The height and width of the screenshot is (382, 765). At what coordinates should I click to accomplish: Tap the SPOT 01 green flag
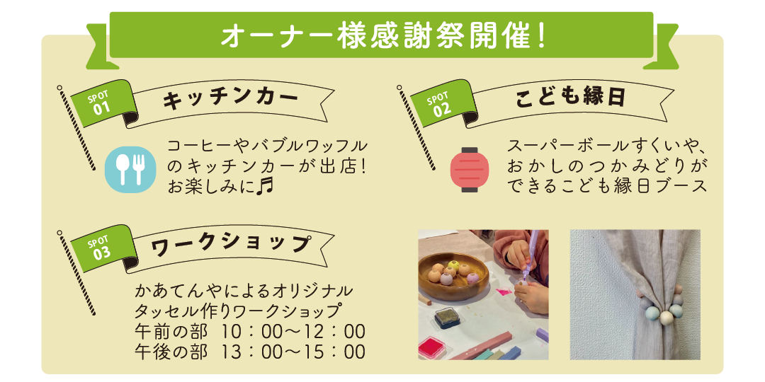tap(103, 103)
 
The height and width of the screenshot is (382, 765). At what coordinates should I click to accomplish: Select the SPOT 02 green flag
tap(443, 103)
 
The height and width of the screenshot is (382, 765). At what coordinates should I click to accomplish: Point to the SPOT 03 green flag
tap(103, 248)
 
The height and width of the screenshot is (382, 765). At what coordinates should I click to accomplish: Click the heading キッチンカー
tap(231, 100)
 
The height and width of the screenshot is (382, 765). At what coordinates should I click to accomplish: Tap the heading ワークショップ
tap(229, 244)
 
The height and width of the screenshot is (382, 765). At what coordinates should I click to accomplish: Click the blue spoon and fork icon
tap(130, 169)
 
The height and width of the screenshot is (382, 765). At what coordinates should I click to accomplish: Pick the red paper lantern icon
tap(470, 169)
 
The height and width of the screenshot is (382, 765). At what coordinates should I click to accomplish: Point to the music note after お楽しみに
tap(265, 185)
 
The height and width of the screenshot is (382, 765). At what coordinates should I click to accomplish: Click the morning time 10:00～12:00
tap(293, 332)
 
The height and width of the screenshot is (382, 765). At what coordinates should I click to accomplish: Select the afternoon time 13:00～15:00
tap(293, 352)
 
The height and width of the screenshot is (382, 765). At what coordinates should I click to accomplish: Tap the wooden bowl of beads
tap(453, 276)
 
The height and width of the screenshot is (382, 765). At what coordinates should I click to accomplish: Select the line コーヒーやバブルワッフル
tap(267, 146)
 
